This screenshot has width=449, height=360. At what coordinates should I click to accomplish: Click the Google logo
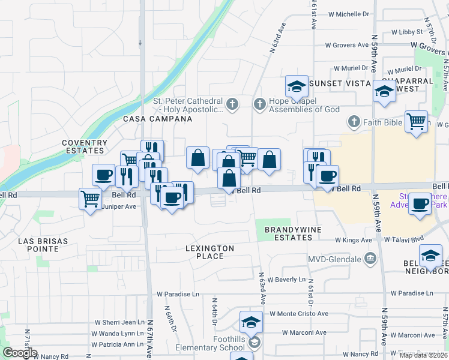click(20, 353)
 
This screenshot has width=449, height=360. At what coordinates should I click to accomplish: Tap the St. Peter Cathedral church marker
click(232, 105)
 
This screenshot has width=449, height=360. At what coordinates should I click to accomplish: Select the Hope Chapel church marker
click(259, 105)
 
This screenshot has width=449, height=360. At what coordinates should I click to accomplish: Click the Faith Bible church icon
click(354, 122)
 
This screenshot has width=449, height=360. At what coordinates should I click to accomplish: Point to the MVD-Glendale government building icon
click(371, 259)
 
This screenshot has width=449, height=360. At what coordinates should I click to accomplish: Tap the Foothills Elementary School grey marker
click(255, 343)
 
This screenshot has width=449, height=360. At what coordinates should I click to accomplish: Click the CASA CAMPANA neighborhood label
click(158, 119)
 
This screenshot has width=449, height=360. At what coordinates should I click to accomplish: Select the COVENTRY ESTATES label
click(85, 147)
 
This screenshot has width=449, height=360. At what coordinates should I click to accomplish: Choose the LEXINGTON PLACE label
click(201, 252)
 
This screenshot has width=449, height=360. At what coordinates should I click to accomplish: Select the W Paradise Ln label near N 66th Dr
click(178, 294)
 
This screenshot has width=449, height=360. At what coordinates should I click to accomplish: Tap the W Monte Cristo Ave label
click(298, 313)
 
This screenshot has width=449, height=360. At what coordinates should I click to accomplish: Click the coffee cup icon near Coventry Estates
click(104, 175)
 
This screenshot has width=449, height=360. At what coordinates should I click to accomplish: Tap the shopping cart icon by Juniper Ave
click(90, 198)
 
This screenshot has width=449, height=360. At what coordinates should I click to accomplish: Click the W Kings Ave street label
click(354, 240)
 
